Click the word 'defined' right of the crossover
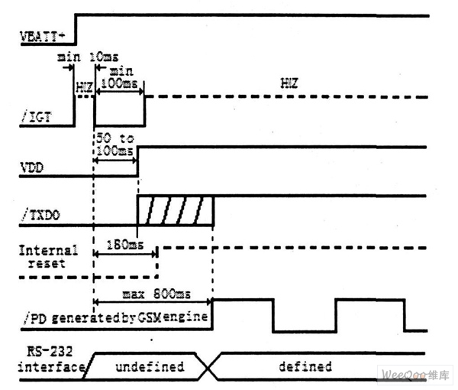303,367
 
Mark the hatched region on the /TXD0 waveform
174,210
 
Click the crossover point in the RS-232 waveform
209,367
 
